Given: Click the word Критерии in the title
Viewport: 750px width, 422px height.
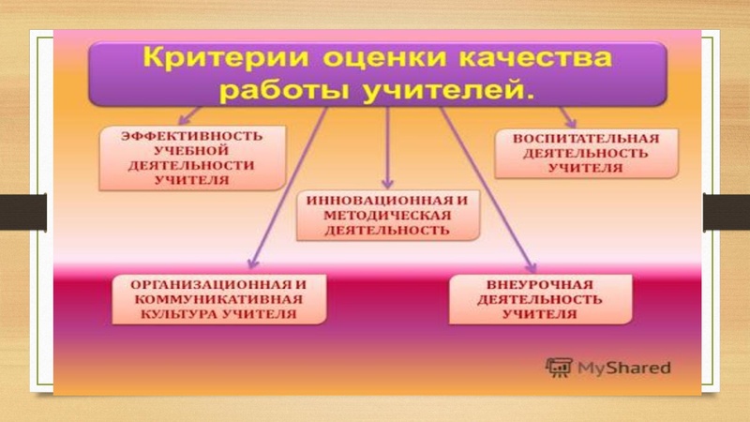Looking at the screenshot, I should pos(198,59).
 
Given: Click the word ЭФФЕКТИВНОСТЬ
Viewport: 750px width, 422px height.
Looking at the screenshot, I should pos(193,137).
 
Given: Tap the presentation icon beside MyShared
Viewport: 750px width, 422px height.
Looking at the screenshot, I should pos(560,367).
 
